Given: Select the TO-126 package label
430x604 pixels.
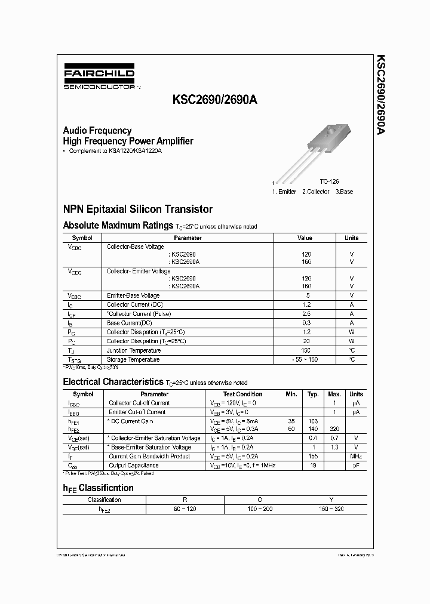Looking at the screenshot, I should click(x=329, y=181).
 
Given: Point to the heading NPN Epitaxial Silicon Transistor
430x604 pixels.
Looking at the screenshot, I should click(x=137, y=209).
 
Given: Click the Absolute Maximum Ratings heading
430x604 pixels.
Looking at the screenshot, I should click(x=118, y=226).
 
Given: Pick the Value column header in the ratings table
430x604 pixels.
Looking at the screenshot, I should click(x=305, y=238).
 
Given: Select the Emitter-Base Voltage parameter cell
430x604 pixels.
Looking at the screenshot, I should click(x=133, y=295).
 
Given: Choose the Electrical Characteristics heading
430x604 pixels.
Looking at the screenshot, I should click(x=113, y=381).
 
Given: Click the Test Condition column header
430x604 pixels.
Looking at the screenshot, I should click(x=242, y=394).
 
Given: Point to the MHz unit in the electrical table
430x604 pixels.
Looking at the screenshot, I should click(x=356, y=456).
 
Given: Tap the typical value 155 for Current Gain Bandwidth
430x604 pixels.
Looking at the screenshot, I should click(x=313, y=456).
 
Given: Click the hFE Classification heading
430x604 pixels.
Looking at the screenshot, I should click(x=98, y=488).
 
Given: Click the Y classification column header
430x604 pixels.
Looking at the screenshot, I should click(x=331, y=500).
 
